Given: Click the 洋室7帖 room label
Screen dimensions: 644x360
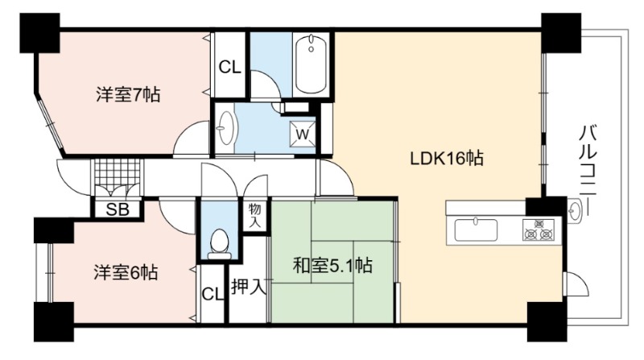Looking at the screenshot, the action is [x=128, y=95].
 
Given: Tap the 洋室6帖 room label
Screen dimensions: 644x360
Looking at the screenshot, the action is [x=126, y=272].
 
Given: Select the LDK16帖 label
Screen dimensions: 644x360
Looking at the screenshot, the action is [x=447, y=158].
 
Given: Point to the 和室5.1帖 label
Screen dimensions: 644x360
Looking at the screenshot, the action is [x=332, y=266].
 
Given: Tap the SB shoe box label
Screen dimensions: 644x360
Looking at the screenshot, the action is [x=118, y=209].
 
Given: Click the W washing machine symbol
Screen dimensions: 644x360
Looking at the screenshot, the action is [x=303, y=134].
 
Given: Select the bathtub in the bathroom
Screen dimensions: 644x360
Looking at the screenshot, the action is [x=312, y=64].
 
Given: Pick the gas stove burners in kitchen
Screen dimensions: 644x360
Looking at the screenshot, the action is [x=539, y=230].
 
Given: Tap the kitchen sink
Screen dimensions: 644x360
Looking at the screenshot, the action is [x=476, y=230].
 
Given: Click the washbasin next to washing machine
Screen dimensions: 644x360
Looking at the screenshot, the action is [x=225, y=127].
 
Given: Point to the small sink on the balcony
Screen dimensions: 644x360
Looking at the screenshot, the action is [x=574, y=210].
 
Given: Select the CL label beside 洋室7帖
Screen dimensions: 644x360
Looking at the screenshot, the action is [x=229, y=67].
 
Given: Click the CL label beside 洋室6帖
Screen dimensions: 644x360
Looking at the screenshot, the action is [x=213, y=294].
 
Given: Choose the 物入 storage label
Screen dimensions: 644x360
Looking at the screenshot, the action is [x=254, y=215].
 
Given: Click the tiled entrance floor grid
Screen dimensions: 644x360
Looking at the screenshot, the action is [x=117, y=172].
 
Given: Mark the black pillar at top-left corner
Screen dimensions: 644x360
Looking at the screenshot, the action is [x=39, y=33].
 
